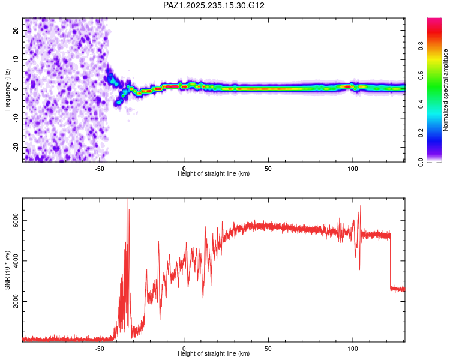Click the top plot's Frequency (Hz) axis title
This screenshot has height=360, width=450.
point(7,89)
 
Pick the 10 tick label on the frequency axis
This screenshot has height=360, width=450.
point(16,60)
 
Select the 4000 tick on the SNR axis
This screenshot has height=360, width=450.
point(16,260)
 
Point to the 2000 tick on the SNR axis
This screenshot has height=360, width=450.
point(16,301)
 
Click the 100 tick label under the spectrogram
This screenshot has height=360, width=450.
point(353,169)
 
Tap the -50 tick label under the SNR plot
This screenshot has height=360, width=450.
point(100,349)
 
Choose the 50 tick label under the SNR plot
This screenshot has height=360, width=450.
point(268,349)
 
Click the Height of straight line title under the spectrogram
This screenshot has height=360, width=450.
point(214,174)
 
